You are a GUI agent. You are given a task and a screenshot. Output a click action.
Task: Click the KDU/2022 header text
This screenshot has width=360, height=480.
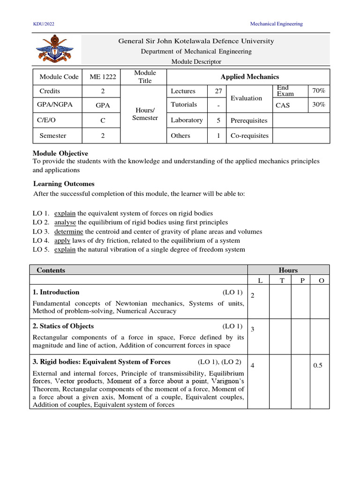[44, 24]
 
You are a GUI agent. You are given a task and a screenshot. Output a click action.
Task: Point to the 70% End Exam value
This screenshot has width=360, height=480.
[318, 90]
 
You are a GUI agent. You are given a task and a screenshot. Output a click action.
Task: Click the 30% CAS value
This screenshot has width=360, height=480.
[318, 105]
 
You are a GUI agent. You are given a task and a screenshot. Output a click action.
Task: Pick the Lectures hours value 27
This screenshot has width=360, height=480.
[217, 91]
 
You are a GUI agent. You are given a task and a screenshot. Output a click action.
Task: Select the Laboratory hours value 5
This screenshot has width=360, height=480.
[217, 120]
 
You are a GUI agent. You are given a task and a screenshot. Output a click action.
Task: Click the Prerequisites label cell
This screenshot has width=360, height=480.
[249, 120]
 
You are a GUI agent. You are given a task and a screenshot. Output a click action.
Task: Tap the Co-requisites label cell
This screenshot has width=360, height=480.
[249, 135]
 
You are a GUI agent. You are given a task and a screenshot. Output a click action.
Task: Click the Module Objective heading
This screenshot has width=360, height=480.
[60, 153]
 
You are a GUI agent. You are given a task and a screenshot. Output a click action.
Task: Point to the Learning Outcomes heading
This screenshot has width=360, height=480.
[64, 184]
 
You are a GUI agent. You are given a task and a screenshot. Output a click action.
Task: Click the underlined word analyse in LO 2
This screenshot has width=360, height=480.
[65, 222]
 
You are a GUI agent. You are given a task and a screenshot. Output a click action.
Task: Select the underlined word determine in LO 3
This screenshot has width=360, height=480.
[68, 232]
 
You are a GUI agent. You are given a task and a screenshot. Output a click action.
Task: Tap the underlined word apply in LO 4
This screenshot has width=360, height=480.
[62, 240]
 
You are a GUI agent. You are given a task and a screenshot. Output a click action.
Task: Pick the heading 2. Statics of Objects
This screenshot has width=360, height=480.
[63, 326]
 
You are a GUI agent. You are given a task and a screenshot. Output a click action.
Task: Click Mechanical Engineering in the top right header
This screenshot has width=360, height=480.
[276, 24]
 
